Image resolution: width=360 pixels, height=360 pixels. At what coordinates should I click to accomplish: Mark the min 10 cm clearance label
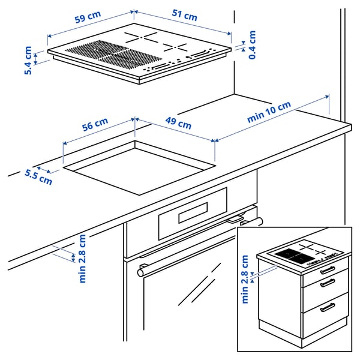[x=269, y=112]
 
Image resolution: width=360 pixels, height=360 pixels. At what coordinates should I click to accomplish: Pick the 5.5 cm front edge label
[x=38, y=176]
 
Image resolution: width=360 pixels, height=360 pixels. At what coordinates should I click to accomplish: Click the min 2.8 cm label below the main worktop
[x=82, y=258]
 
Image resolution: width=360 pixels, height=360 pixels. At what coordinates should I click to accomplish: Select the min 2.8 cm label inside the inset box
[x=245, y=279]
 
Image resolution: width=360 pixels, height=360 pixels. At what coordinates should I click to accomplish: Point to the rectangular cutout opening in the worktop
[x=139, y=167]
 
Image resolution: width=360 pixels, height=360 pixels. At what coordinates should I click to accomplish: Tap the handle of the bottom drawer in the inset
[x=328, y=308]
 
